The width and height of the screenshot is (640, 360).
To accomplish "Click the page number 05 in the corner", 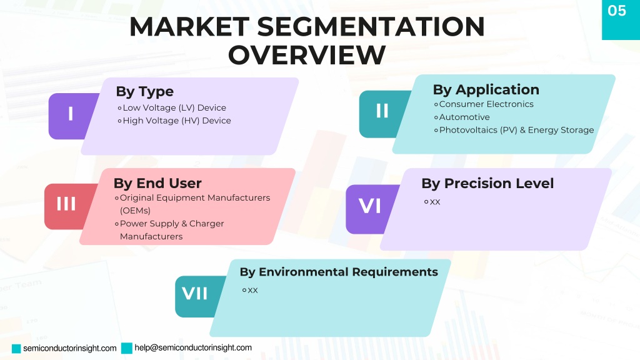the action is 616,11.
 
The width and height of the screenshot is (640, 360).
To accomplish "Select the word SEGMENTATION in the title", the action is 371,27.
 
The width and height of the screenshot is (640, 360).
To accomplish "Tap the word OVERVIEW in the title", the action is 306,55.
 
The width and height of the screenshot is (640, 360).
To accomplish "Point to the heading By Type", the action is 145,91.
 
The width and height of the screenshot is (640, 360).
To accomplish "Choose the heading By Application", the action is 486,89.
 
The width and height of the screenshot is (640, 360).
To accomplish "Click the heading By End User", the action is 157,183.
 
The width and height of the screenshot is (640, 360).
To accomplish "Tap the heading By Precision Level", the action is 487,183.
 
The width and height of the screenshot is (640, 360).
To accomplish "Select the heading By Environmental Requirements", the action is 339,272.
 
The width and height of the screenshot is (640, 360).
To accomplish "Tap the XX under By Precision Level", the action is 435,202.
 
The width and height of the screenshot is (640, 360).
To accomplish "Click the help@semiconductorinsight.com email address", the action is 193,347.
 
